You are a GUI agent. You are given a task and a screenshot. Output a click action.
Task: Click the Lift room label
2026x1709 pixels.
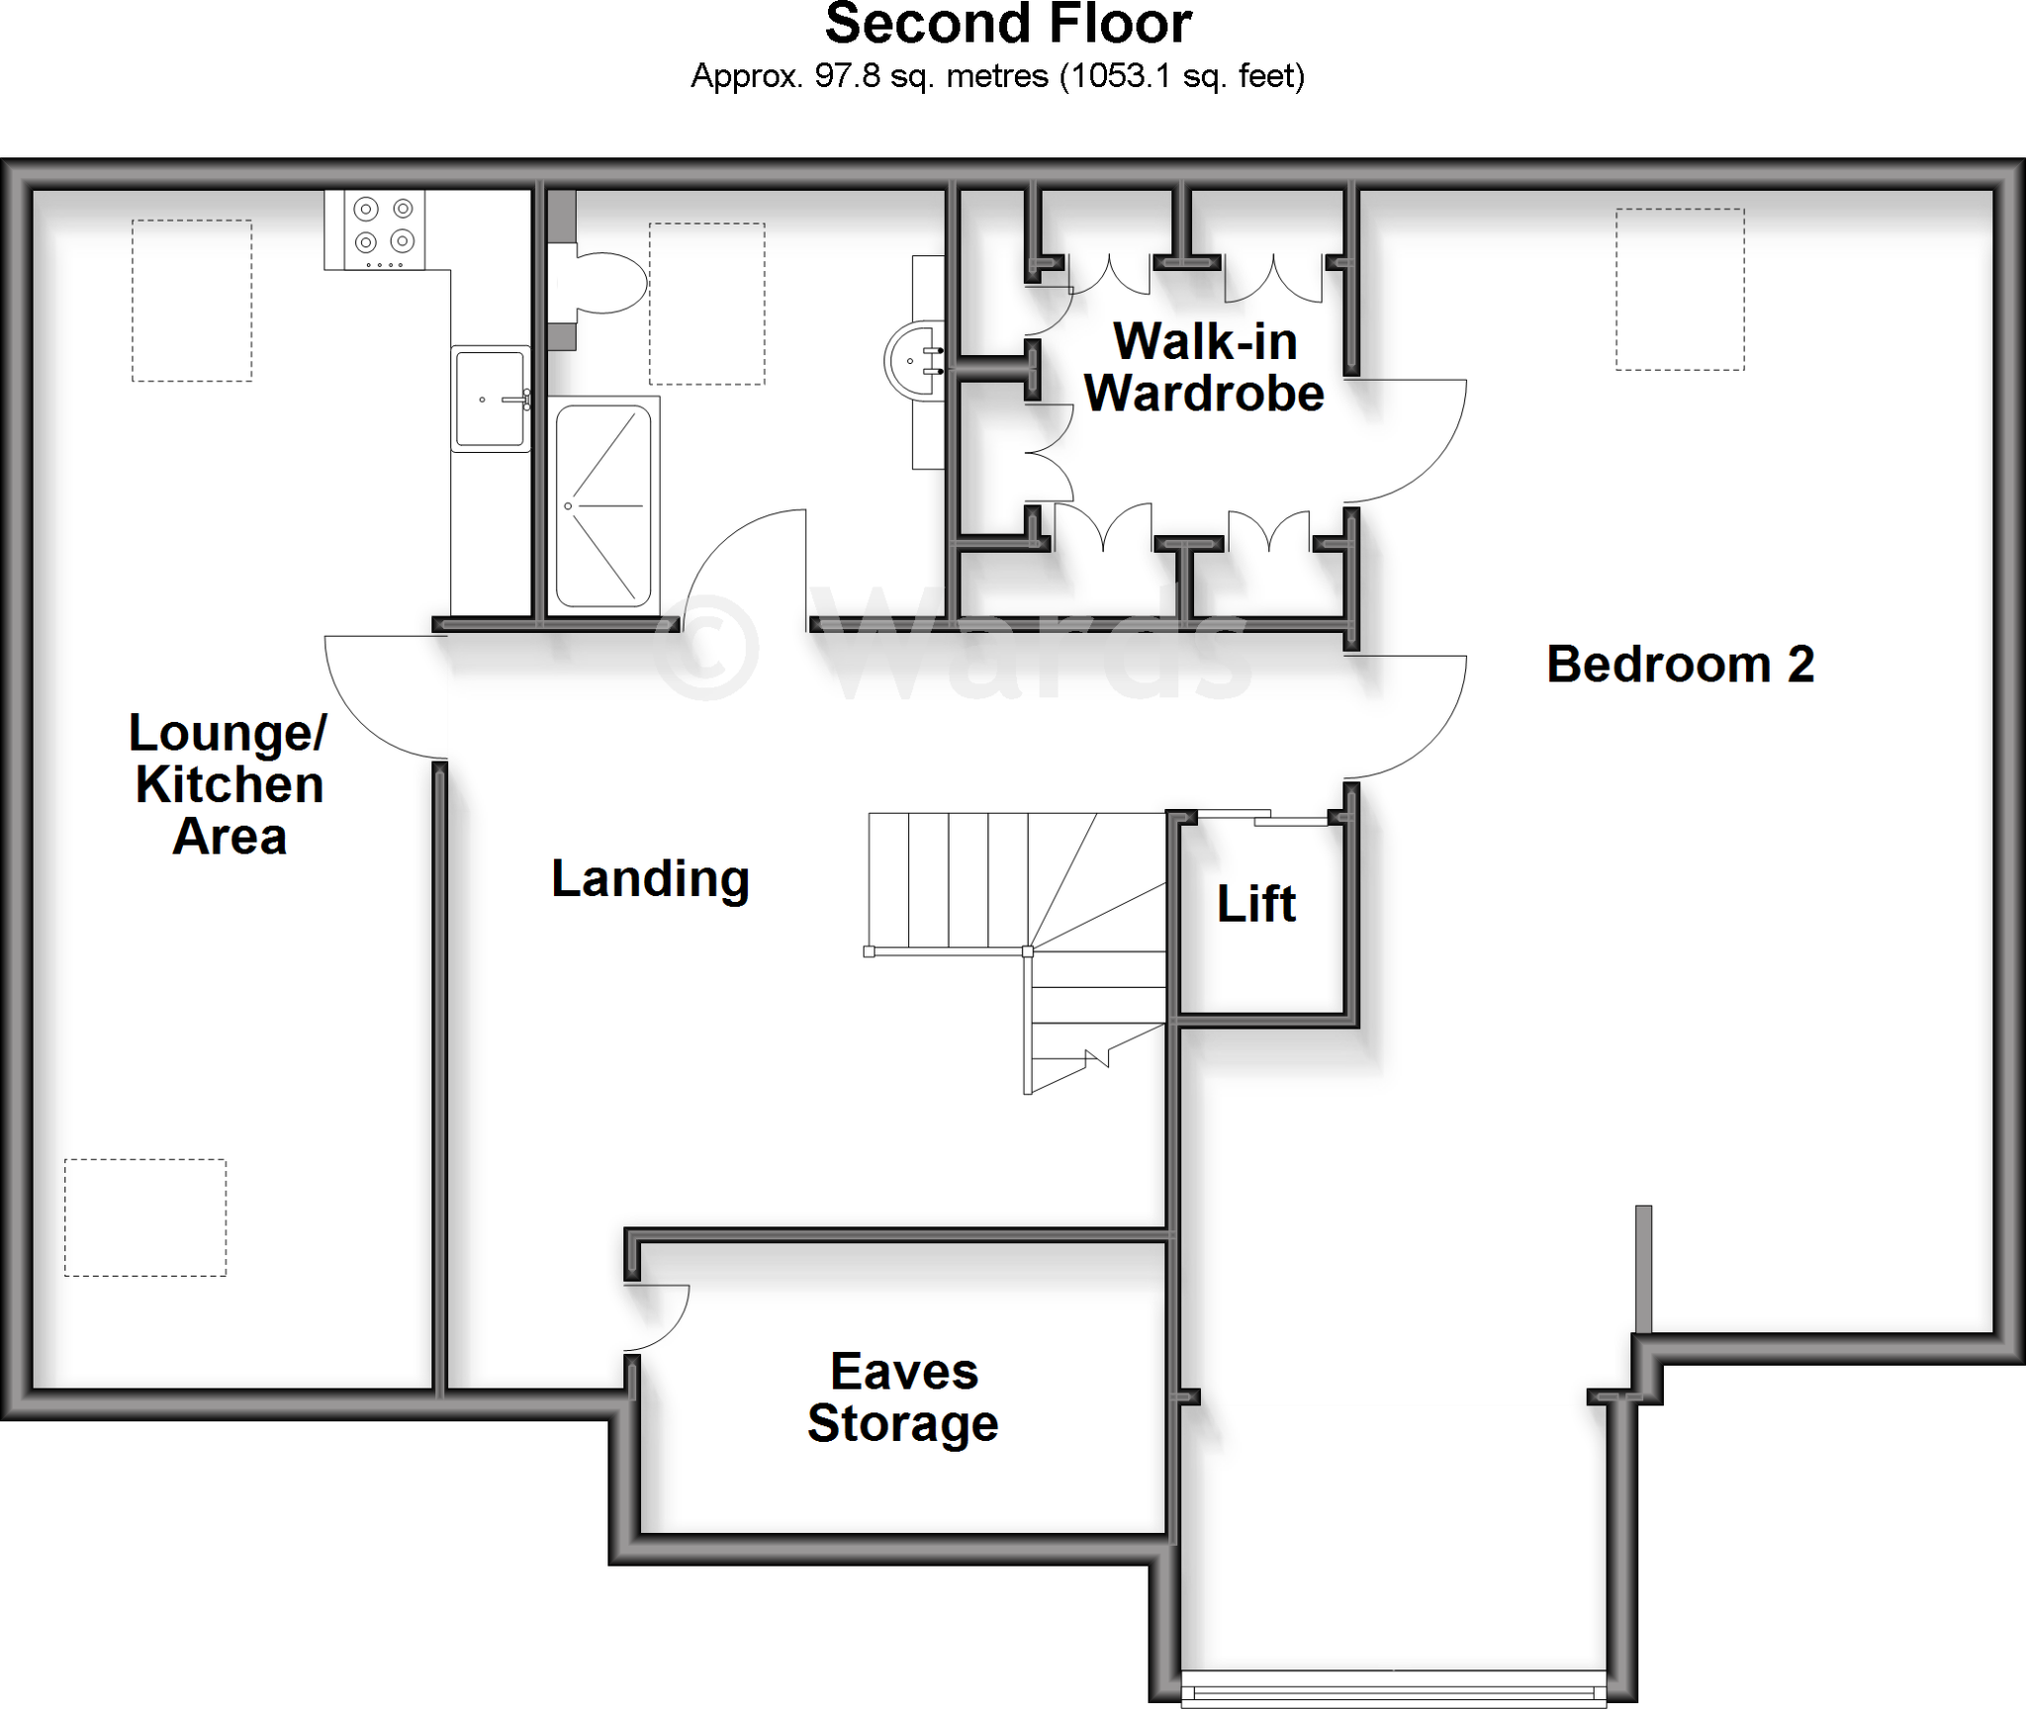tap(1255, 904)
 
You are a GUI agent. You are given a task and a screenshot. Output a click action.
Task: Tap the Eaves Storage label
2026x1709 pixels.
tap(903, 1397)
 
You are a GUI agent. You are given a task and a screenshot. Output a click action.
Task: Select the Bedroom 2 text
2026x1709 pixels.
tap(1680, 665)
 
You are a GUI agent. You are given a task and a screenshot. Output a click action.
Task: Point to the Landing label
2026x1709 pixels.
tap(650, 878)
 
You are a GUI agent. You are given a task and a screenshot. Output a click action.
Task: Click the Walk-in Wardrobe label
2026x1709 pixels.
tap(1204, 368)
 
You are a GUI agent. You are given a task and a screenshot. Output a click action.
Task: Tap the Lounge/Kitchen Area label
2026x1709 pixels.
tap(229, 784)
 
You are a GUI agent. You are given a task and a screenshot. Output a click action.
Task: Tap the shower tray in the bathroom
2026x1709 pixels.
tap(603, 505)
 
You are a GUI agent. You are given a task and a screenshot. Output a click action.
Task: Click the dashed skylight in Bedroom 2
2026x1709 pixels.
tap(1679, 289)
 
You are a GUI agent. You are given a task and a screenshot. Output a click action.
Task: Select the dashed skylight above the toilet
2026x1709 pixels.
tap(706, 304)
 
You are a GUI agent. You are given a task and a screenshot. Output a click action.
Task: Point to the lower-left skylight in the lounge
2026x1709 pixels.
tap(145, 1217)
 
